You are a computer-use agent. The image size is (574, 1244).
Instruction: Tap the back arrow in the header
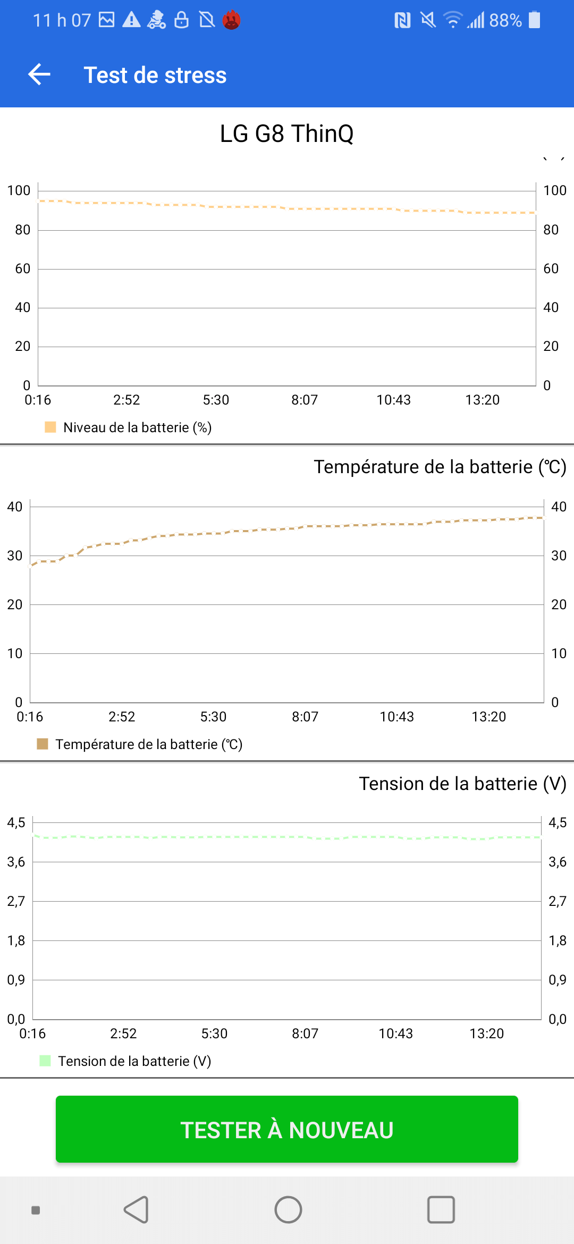pyautogui.click(x=39, y=74)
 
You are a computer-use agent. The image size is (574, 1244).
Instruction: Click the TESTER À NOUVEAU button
pyautogui.click(x=287, y=1130)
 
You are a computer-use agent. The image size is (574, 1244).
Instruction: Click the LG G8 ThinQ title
pyautogui.click(x=286, y=133)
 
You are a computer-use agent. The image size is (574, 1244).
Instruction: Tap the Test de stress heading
pyautogui.click(x=155, y=75)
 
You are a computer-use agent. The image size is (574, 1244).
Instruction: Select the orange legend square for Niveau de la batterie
pyautogui.click(x=50, y=427)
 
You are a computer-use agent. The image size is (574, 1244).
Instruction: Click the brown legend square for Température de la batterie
pyautogui.click(x=43, y=744)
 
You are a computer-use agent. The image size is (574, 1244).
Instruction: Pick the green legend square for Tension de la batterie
pyautogui.click(x=45, y=1061)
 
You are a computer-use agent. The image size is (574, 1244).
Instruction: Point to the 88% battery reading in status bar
pyautogui.click(x=505, y=20)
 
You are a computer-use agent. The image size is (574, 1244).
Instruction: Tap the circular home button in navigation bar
pyautogui.click(x=288, y=1210)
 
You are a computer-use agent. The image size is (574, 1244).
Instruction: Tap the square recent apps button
pyautogui.click(x=441, y=1210)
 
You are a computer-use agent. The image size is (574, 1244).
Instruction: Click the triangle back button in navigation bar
pyautogui.click(x=137, y=1210)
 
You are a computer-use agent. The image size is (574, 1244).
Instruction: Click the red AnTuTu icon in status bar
pyautogui.click(x=231, y=20)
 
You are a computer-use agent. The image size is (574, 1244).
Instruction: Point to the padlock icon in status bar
pyautogui.click(x=181, y=20)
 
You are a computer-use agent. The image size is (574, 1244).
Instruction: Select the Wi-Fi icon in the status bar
pyautogui.click(x=452, y=20)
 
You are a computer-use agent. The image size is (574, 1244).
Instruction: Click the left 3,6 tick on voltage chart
pyautogui.click(x=16, y=862)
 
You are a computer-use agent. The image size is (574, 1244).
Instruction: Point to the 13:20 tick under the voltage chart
pyautogui.click(x=486, y=1033)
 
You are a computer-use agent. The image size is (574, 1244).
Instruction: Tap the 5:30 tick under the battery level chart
pyautogui.click(x=216, y=400)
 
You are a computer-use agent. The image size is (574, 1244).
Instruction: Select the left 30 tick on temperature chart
pyautogui.click(x=15, y=556)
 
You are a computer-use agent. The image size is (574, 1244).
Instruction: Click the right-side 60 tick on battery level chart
pyautogui.click(x=551, y=268)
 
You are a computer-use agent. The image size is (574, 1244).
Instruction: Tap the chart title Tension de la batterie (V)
pyautogui.click(x=462, y=784)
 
